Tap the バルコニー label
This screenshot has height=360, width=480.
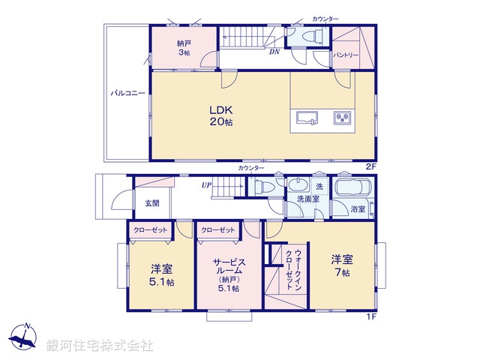point(128,94)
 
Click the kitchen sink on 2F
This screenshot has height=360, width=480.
point(307,118)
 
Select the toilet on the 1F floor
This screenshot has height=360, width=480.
point(265,188)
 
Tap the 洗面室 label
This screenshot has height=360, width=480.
point(307,199)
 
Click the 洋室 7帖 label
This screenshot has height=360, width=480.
point(343,265)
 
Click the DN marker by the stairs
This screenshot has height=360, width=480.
point(275,51)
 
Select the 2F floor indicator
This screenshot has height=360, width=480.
point(370,166)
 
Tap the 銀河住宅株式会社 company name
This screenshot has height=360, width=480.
point(100,346)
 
